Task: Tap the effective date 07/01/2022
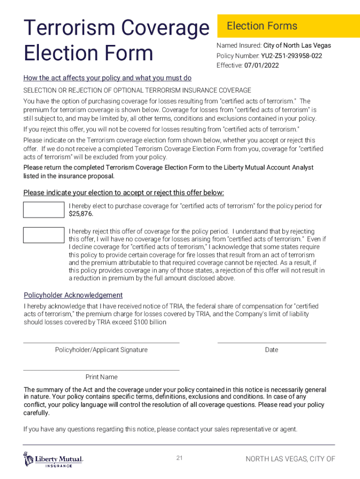coord(261,65)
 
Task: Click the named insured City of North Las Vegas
coord(297,45)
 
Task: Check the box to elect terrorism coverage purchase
coord(44,210)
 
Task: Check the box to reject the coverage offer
coord(44,235)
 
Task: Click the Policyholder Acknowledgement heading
coord(73,295)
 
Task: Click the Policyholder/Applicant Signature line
coord(101,342)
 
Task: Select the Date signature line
coord(272,342)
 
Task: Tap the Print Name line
coord(101,370)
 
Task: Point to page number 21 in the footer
coord(180,458)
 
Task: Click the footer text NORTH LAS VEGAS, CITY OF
coord(290,459)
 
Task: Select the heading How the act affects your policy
coord(108,78)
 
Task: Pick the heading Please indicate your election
coord(123,193)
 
